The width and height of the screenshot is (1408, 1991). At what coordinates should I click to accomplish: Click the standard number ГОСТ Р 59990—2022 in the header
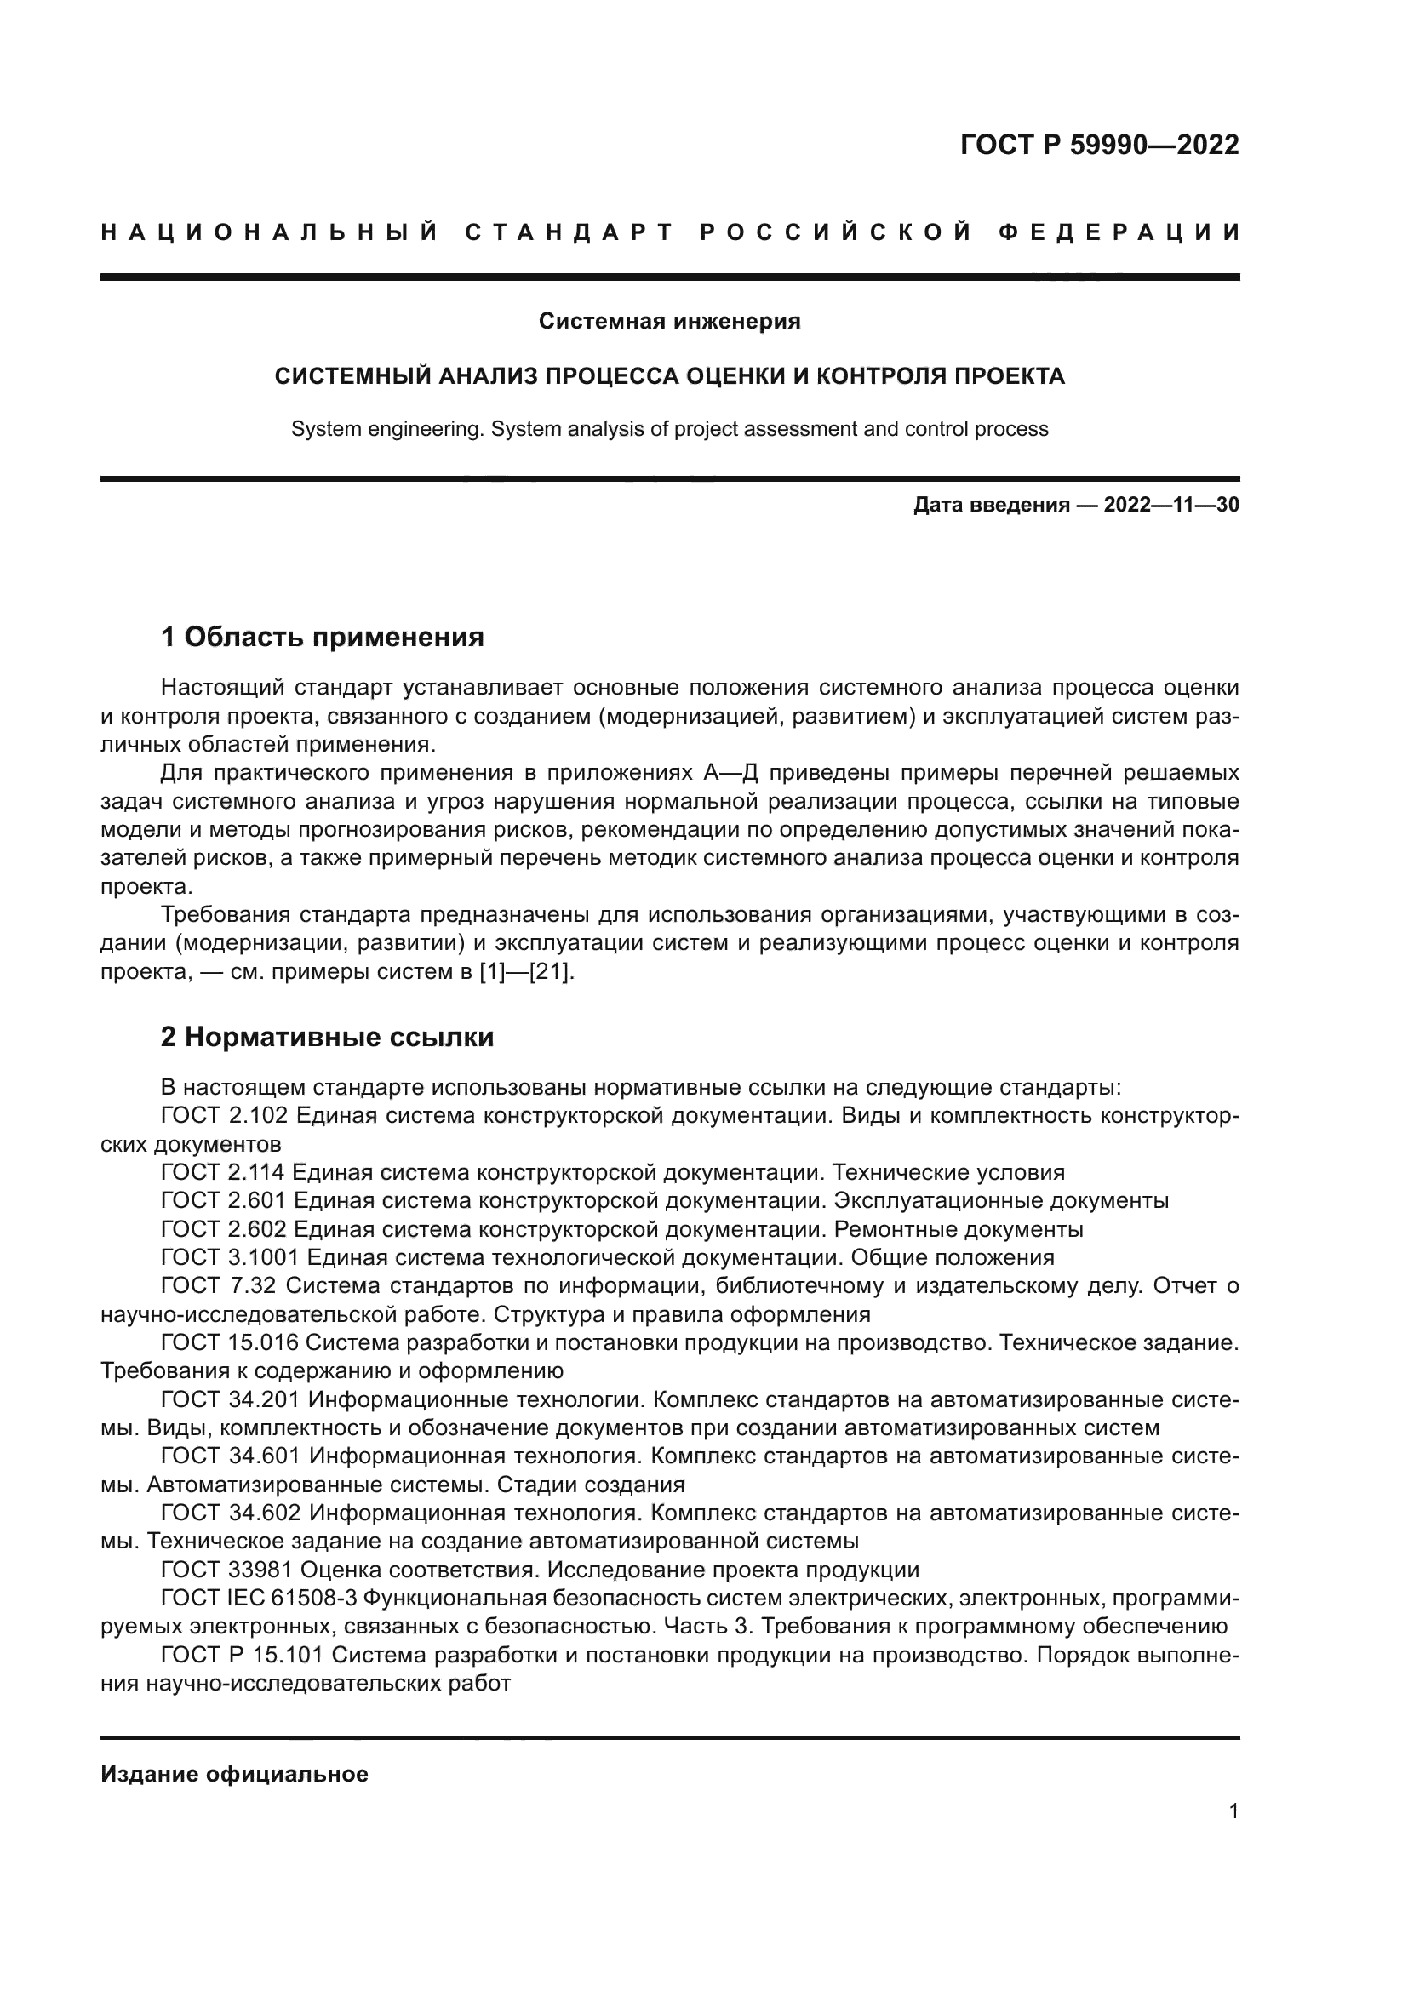click(1099, 145)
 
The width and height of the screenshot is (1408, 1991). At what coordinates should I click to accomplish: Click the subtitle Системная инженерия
click(669, 322)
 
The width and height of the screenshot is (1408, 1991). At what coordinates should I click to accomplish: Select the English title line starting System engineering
click(669, 429)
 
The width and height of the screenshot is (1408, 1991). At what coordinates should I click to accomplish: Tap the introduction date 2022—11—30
click(1170, 506)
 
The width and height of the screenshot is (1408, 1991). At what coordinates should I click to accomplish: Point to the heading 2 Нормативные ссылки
click(327, 1038)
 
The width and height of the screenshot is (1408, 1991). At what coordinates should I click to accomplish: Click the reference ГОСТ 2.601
click(223, 1202)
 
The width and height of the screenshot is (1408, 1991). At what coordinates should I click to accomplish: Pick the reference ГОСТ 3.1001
click(230, 1258)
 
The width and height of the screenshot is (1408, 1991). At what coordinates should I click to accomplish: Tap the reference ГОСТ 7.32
click(219, 1287)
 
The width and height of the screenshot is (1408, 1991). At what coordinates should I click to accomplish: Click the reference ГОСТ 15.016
click(230, 1343)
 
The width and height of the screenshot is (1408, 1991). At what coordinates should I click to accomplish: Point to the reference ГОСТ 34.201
click(230, 1400)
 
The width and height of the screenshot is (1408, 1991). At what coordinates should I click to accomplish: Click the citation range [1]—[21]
click(526, 973)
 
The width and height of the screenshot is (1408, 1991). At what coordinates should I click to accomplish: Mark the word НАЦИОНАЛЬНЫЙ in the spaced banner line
click(269, 233)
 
